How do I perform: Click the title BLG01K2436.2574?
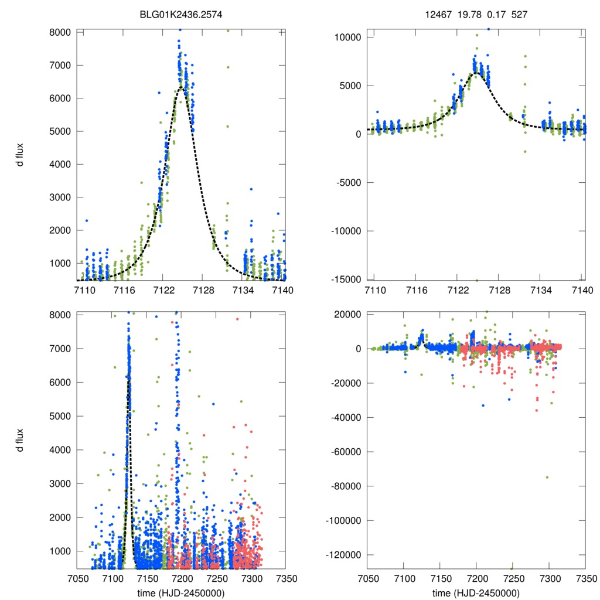[x=181, y=13]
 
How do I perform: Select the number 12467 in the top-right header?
[x=437, y=13]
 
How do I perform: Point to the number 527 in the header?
[x=519, y=13]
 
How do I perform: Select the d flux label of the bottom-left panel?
[x=21, y=439]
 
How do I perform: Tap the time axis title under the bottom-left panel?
[x=181, y=593]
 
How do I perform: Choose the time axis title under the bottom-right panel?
[x=476, y=593]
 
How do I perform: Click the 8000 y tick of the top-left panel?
[x=60, y=32]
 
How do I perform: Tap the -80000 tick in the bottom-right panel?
[x=343, y=486]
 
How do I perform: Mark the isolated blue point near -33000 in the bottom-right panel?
[x=483, y=405]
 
